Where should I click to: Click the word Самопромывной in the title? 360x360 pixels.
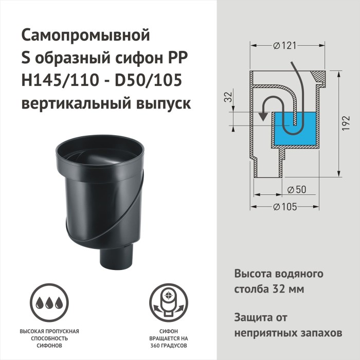[85, 36]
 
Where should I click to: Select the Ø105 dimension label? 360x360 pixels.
[283, 207]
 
